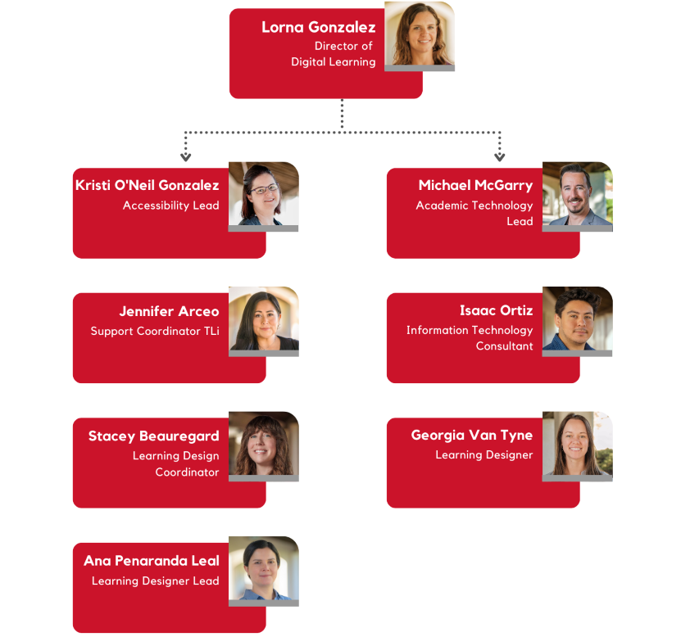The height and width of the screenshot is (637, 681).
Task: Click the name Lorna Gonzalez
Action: (318, 27)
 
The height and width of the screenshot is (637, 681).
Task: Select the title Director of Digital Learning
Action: (334, 54)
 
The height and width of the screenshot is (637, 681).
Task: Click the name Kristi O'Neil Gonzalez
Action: (148, 185)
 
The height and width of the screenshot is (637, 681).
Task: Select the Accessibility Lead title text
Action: (170, 206)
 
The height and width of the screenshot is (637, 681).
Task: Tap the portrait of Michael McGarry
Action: (577, 195)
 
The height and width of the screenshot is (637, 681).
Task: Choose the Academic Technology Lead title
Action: (474, 213)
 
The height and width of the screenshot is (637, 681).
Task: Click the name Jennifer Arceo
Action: (169, 311)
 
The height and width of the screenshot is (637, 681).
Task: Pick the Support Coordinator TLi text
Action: (155, 332)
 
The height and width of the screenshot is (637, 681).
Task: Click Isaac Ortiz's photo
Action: (577, 319)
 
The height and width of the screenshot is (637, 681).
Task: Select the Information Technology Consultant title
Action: (470, 338)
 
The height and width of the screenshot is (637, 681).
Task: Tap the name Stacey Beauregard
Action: (153, 436)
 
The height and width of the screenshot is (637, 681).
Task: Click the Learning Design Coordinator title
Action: (176, 463)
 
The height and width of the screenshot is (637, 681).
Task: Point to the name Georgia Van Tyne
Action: (472, 435)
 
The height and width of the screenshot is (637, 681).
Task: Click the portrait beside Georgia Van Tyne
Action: (577, 444)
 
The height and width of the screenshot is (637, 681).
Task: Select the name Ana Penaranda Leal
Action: (152, 561)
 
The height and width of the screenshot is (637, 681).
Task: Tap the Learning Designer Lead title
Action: (155, 581)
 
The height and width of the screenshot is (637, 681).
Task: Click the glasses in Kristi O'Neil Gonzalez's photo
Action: (263, 188)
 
